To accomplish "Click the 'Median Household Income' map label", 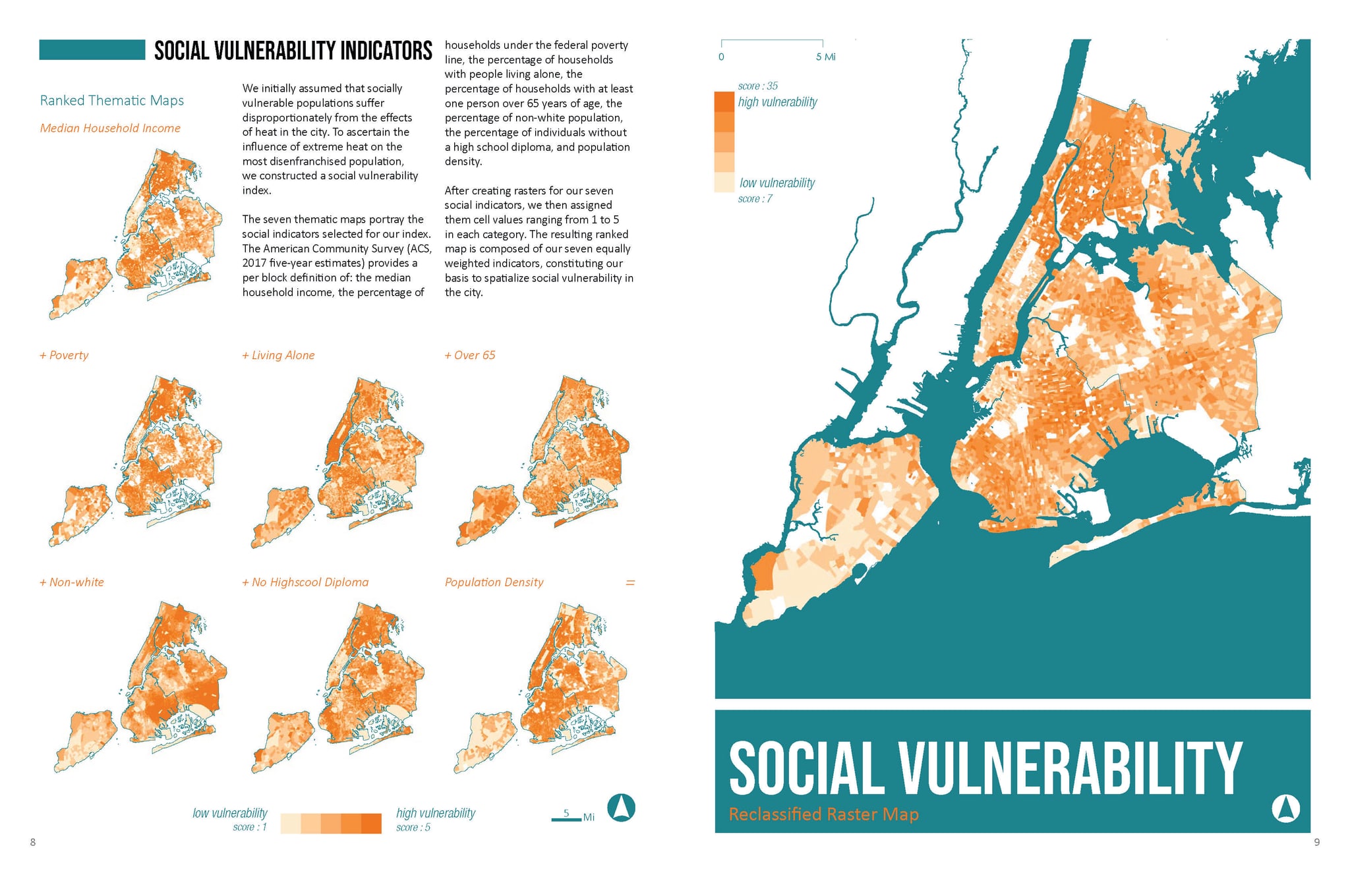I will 110,128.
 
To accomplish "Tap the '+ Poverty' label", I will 64,355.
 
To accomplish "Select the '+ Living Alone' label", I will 278,355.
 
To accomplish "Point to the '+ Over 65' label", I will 470,355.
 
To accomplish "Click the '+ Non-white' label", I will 72,582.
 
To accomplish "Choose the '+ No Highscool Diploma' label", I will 305,582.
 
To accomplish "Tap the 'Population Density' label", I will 494,582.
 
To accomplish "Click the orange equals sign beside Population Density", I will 630,583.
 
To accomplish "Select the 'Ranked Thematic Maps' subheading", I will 112,100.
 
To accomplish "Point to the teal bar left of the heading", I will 92,50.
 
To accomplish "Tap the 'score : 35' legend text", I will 757,86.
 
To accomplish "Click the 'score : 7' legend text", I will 755,199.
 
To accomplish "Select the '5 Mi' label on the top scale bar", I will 825,57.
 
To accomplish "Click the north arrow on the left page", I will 620,808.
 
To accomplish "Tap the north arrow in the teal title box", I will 1285,808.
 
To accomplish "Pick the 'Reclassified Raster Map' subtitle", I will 823,814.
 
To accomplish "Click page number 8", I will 33,842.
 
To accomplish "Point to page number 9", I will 1316,842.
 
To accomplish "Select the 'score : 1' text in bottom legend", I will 250,828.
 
